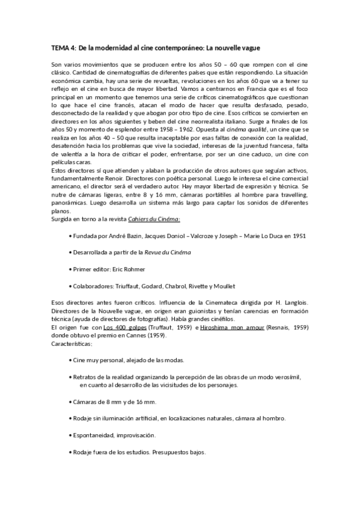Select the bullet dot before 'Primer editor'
click(x=71, y=269)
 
